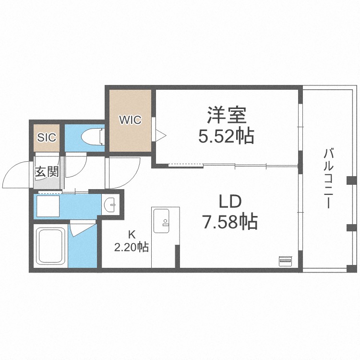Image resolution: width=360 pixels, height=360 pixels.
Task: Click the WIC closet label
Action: pos(130,120)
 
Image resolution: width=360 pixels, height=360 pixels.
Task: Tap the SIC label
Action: pos(47,137)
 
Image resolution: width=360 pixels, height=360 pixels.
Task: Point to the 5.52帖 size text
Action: pos(226,136)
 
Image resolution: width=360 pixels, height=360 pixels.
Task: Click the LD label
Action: pos(230,201)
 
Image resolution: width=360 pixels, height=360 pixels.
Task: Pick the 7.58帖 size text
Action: pos(230,222)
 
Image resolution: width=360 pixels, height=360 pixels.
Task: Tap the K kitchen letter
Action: pos(132,234)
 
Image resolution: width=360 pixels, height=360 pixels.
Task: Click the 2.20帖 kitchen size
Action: pos(132,247)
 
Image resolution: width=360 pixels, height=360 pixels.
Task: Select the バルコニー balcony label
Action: pos(328,179)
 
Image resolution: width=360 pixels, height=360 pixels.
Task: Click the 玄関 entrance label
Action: pos(47,171)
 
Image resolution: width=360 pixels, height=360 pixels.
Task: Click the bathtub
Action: pos(50,246)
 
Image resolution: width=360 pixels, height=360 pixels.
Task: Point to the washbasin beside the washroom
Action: pos(110,204)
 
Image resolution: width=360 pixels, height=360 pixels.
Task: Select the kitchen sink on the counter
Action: pos(161,221)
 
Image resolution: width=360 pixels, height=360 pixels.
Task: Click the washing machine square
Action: pos(48,206)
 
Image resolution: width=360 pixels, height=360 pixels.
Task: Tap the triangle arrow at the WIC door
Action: pos(161,135)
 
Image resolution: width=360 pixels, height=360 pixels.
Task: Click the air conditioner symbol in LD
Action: pos(286,261)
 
